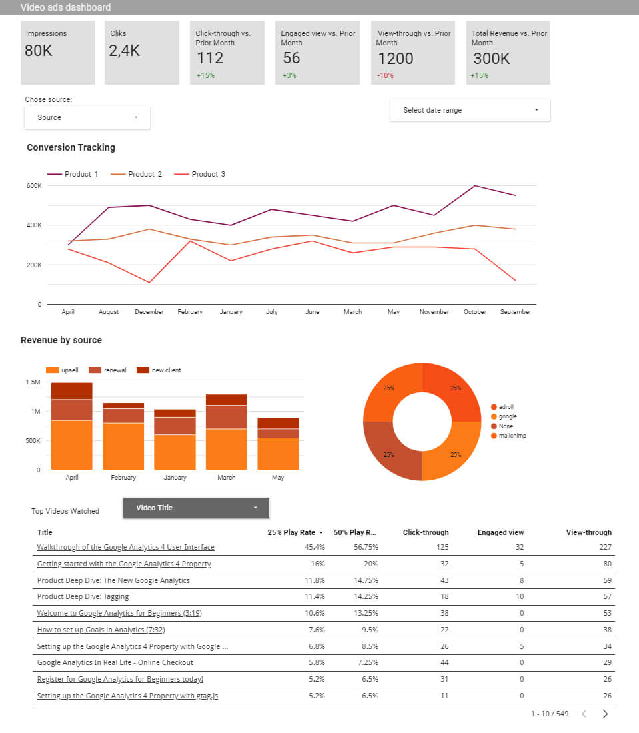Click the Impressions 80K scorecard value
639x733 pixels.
click(x=39, y=51)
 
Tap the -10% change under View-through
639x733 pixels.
click(x=386, y=75)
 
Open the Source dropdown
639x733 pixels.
click(x=87, y=117)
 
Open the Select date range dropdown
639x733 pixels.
click(x=470, y=110)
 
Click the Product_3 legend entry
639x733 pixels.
click(x=207, y=174)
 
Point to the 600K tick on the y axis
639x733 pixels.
click(x=34, y=185)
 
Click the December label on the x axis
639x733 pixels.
click(x=149, y=311)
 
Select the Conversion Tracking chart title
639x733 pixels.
click(x=71, y=147)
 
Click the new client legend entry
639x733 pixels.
click(x=165, y=370)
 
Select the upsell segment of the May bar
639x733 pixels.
click(x=278, y=453)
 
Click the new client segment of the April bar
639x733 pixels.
click(x=72, y=390)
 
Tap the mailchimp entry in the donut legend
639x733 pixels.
click(x=512, y=436)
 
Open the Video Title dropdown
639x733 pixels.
click(x=196, y=508)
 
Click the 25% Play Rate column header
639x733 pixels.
click(x=291, y=532)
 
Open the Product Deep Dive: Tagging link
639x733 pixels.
click(x=83, y=596)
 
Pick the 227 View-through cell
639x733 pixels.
click(x=605, y=547)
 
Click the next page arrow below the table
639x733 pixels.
click(x=605, y=714)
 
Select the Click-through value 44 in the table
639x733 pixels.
click(x=442, y=662)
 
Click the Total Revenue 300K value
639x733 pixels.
click(x=491, y=59)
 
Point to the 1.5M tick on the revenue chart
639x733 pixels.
click(x=33, y=382)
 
